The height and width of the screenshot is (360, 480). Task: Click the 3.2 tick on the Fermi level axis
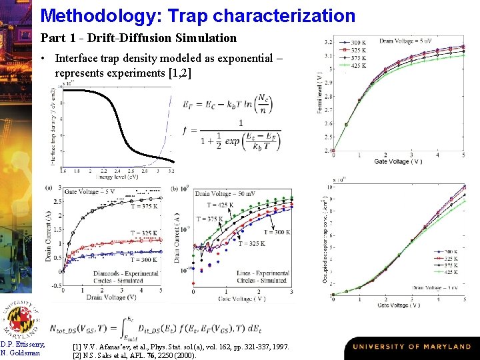coord(328,43)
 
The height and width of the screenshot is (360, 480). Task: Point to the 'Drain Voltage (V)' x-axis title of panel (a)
coord(112,297)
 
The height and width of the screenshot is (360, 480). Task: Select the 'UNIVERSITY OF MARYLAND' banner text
coord(412,347)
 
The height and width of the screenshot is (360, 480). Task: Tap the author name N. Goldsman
coord(22,353)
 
